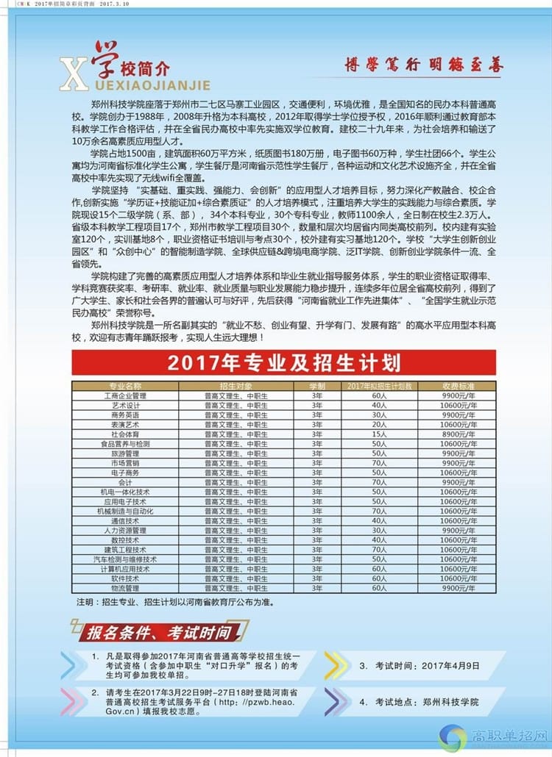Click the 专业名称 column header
tap(126, 385)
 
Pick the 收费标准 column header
tap(458, 385)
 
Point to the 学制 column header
tap(317, 385)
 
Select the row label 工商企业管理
tap(126, 395)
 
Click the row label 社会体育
tap(126, 434)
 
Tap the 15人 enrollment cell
tap(379, 434)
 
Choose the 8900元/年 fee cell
tap(458, 434)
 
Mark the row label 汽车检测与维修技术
tap(126, 559)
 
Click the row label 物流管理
tap(126, 588)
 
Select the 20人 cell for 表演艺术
tap(379, 424)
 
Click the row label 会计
tap(126, 482)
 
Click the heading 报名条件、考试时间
tap(159, 632)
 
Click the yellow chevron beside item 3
tap(336, 665)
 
